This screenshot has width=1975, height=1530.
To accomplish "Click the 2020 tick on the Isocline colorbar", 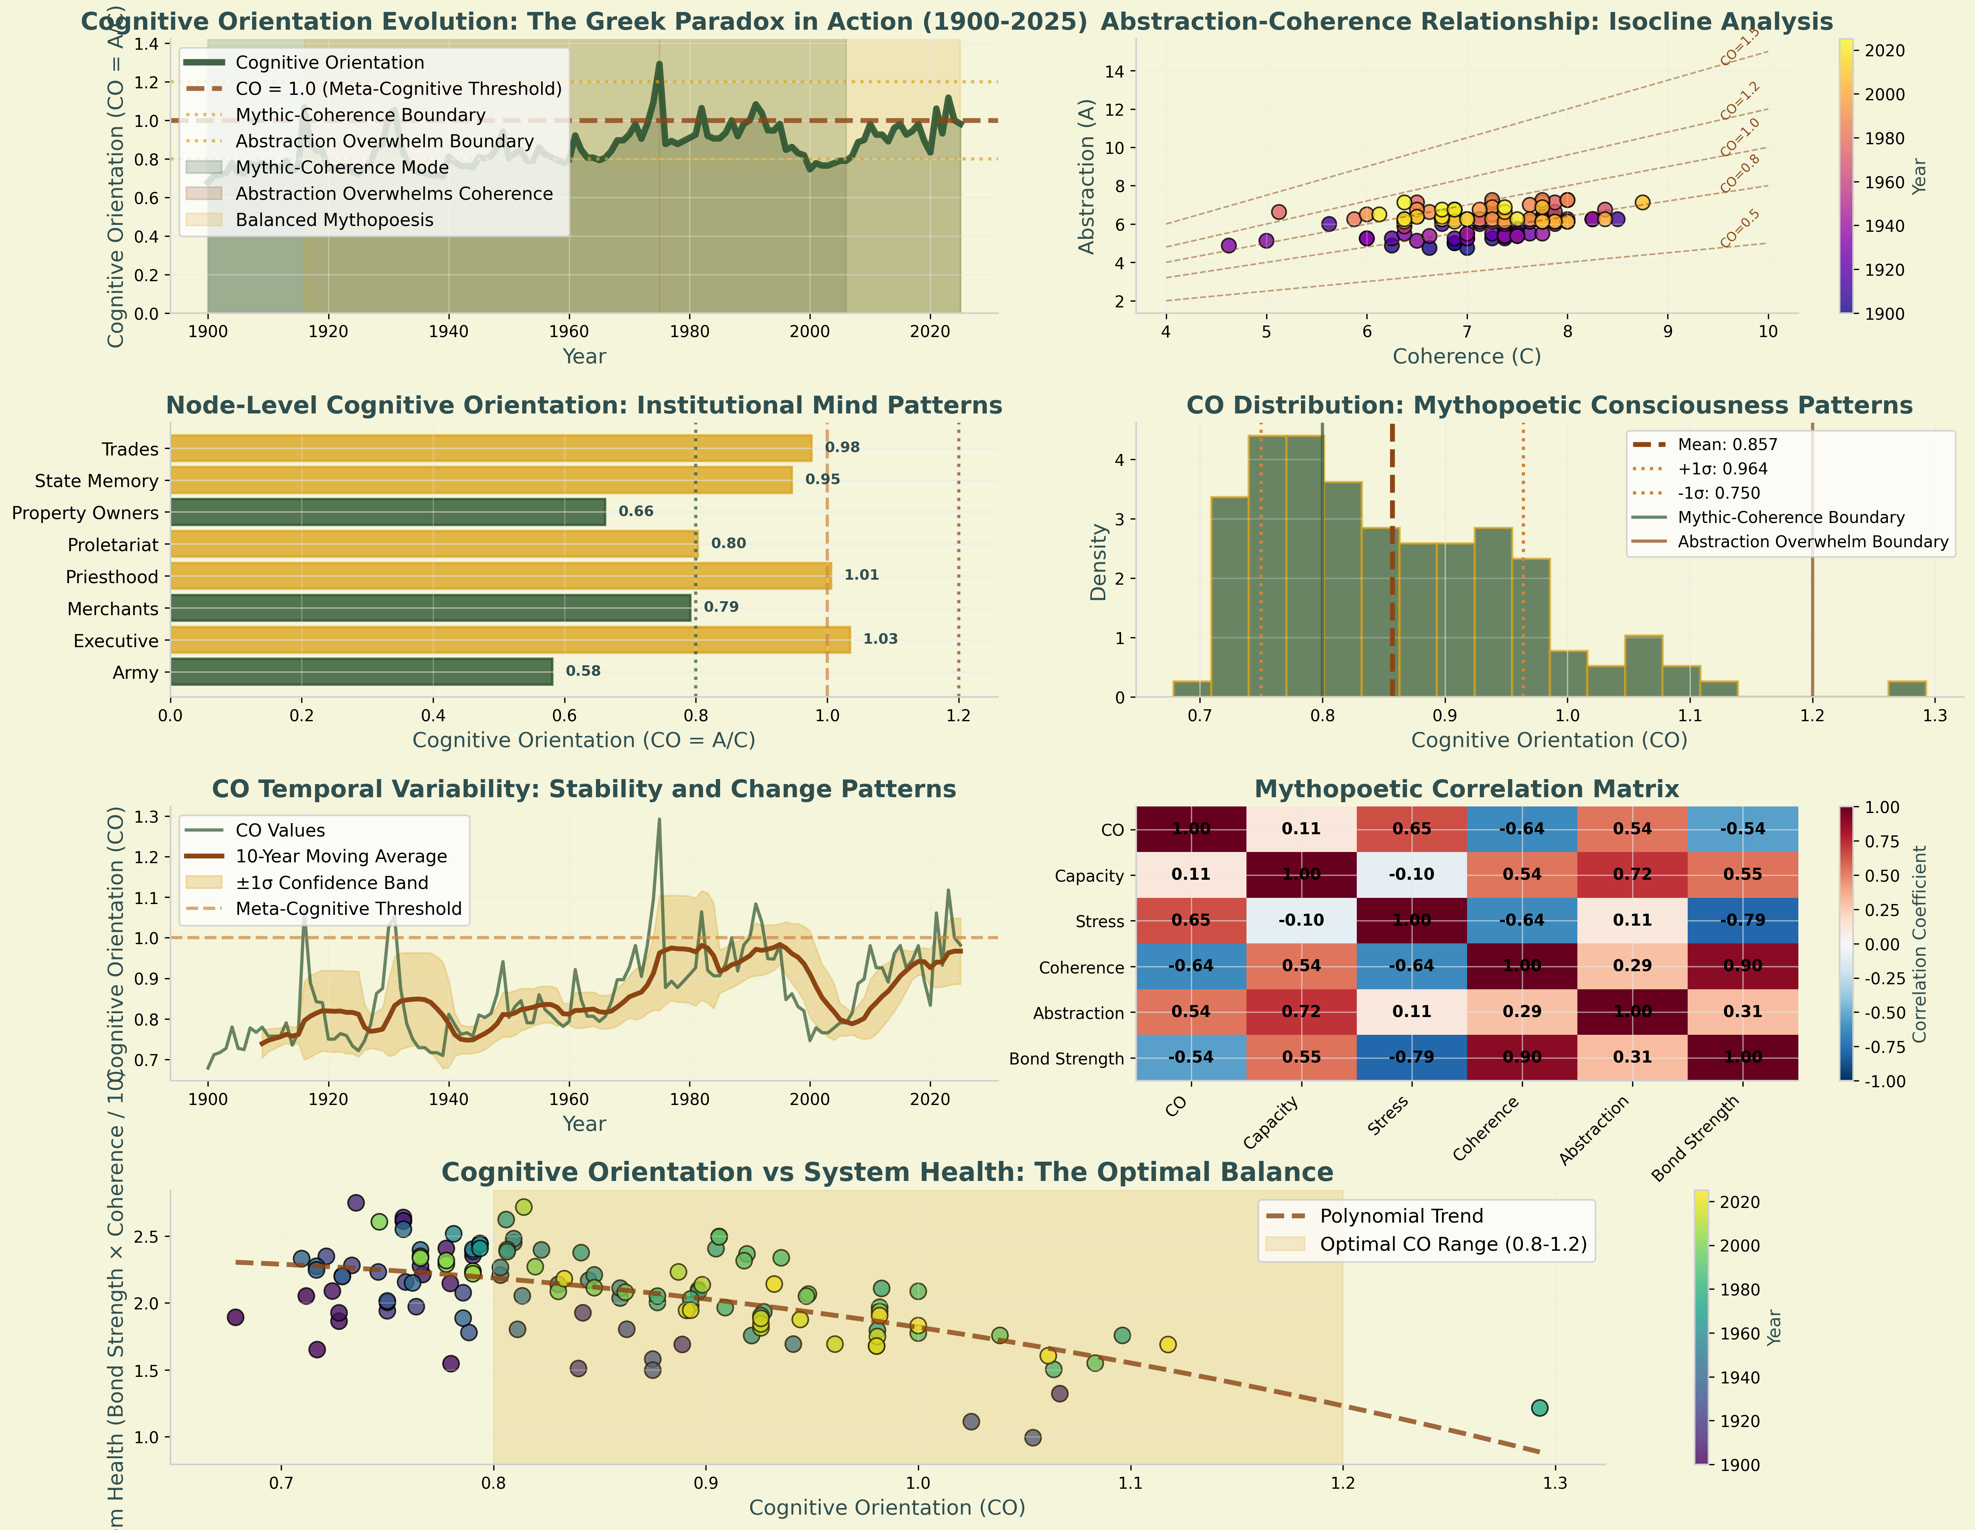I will tap(1885, 51).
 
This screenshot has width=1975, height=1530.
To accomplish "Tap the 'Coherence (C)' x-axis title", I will tap(1466, 356).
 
